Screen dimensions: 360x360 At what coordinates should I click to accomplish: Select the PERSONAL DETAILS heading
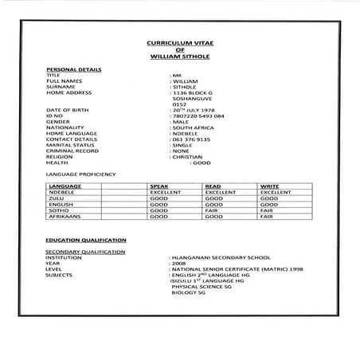point(73,69)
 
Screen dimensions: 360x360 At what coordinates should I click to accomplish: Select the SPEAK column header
point(159,186)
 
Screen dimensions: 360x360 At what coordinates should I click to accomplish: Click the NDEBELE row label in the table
point(61,192)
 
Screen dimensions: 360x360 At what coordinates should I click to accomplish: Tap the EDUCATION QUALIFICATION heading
point(85,240)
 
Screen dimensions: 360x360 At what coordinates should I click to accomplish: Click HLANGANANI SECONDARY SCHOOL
point(217,258)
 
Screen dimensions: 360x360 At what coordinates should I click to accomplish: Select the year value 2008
point(177,264)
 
